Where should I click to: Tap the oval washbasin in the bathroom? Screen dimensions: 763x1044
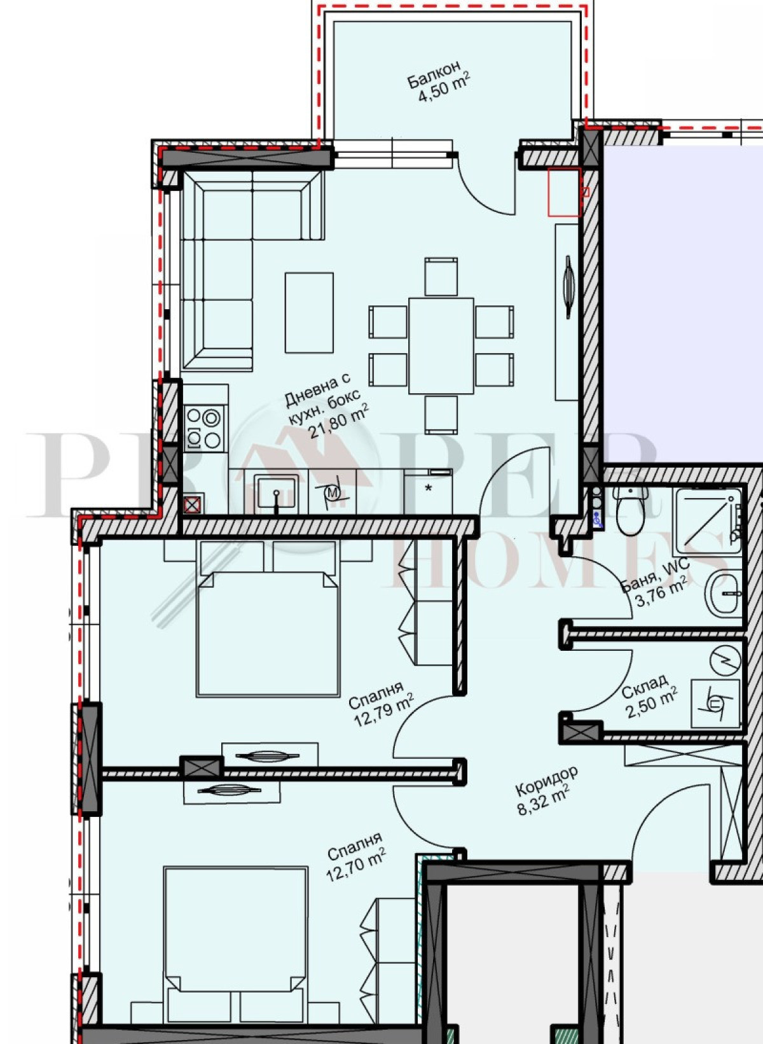(x=724, y=594)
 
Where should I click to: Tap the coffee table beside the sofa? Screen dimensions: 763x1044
(x=309, y=312)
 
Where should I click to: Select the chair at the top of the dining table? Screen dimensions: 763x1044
(x=441, y=276)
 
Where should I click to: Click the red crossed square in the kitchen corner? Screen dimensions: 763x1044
(x=193, y=504)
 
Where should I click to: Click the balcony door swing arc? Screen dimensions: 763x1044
(x=481, y=191)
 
